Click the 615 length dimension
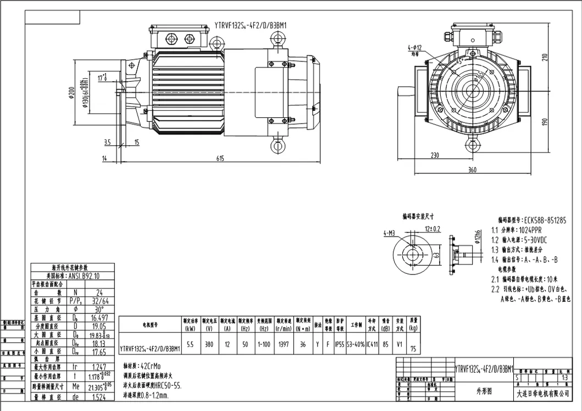pyautogui.click(x=220, y=159)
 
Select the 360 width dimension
pyautogui.click(x=472, y=170)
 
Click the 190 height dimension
pyautogui.click(x=545, y=121)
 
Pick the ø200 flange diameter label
pyautogui.click(x=71, y=94)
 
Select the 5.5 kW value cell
pyautogui.click(x=190, y=346)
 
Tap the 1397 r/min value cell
pyautogui.click(x=284, y=346)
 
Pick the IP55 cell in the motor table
pyautogui.click(x=340, y=346)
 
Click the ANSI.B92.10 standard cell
pyautogui.click(x=80, y=276)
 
